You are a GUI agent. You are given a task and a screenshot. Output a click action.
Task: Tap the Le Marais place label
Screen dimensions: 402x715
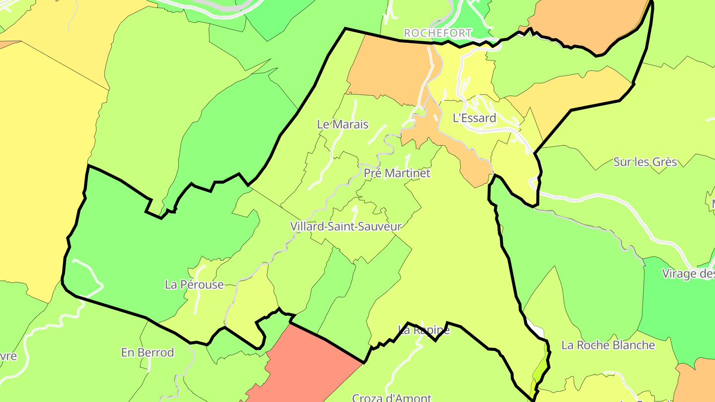click(x=343, y=124)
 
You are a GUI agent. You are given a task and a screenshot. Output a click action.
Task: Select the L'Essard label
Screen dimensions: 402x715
click(x=474, y=118)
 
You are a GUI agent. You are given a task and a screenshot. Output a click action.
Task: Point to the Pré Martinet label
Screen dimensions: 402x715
click(x=397, y=173)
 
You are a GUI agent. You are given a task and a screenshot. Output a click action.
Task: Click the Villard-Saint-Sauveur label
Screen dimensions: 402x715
click(x=346, y=226)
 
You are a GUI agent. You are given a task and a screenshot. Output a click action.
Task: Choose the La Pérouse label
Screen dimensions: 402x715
click(x=194, y=285)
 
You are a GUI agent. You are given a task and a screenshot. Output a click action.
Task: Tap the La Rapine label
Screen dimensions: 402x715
click(x=424, y=330)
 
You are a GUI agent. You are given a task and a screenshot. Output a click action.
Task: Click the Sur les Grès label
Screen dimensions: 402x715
click(x=645, y=162)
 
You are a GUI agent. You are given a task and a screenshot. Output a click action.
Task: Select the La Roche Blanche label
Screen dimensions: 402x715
click(x=608, y=345)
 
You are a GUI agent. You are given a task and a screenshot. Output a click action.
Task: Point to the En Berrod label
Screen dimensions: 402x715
click(x=147, y=352)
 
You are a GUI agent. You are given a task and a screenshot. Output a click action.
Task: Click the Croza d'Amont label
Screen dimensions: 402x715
click(x=391, y=398)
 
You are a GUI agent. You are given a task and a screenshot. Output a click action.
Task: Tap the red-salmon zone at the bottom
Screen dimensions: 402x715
click(x=308, y=367)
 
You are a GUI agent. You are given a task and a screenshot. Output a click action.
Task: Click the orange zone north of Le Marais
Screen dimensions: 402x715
click(x=387, y=69)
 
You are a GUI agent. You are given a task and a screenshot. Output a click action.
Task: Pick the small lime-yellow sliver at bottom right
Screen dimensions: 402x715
click(x=540, y=370)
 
